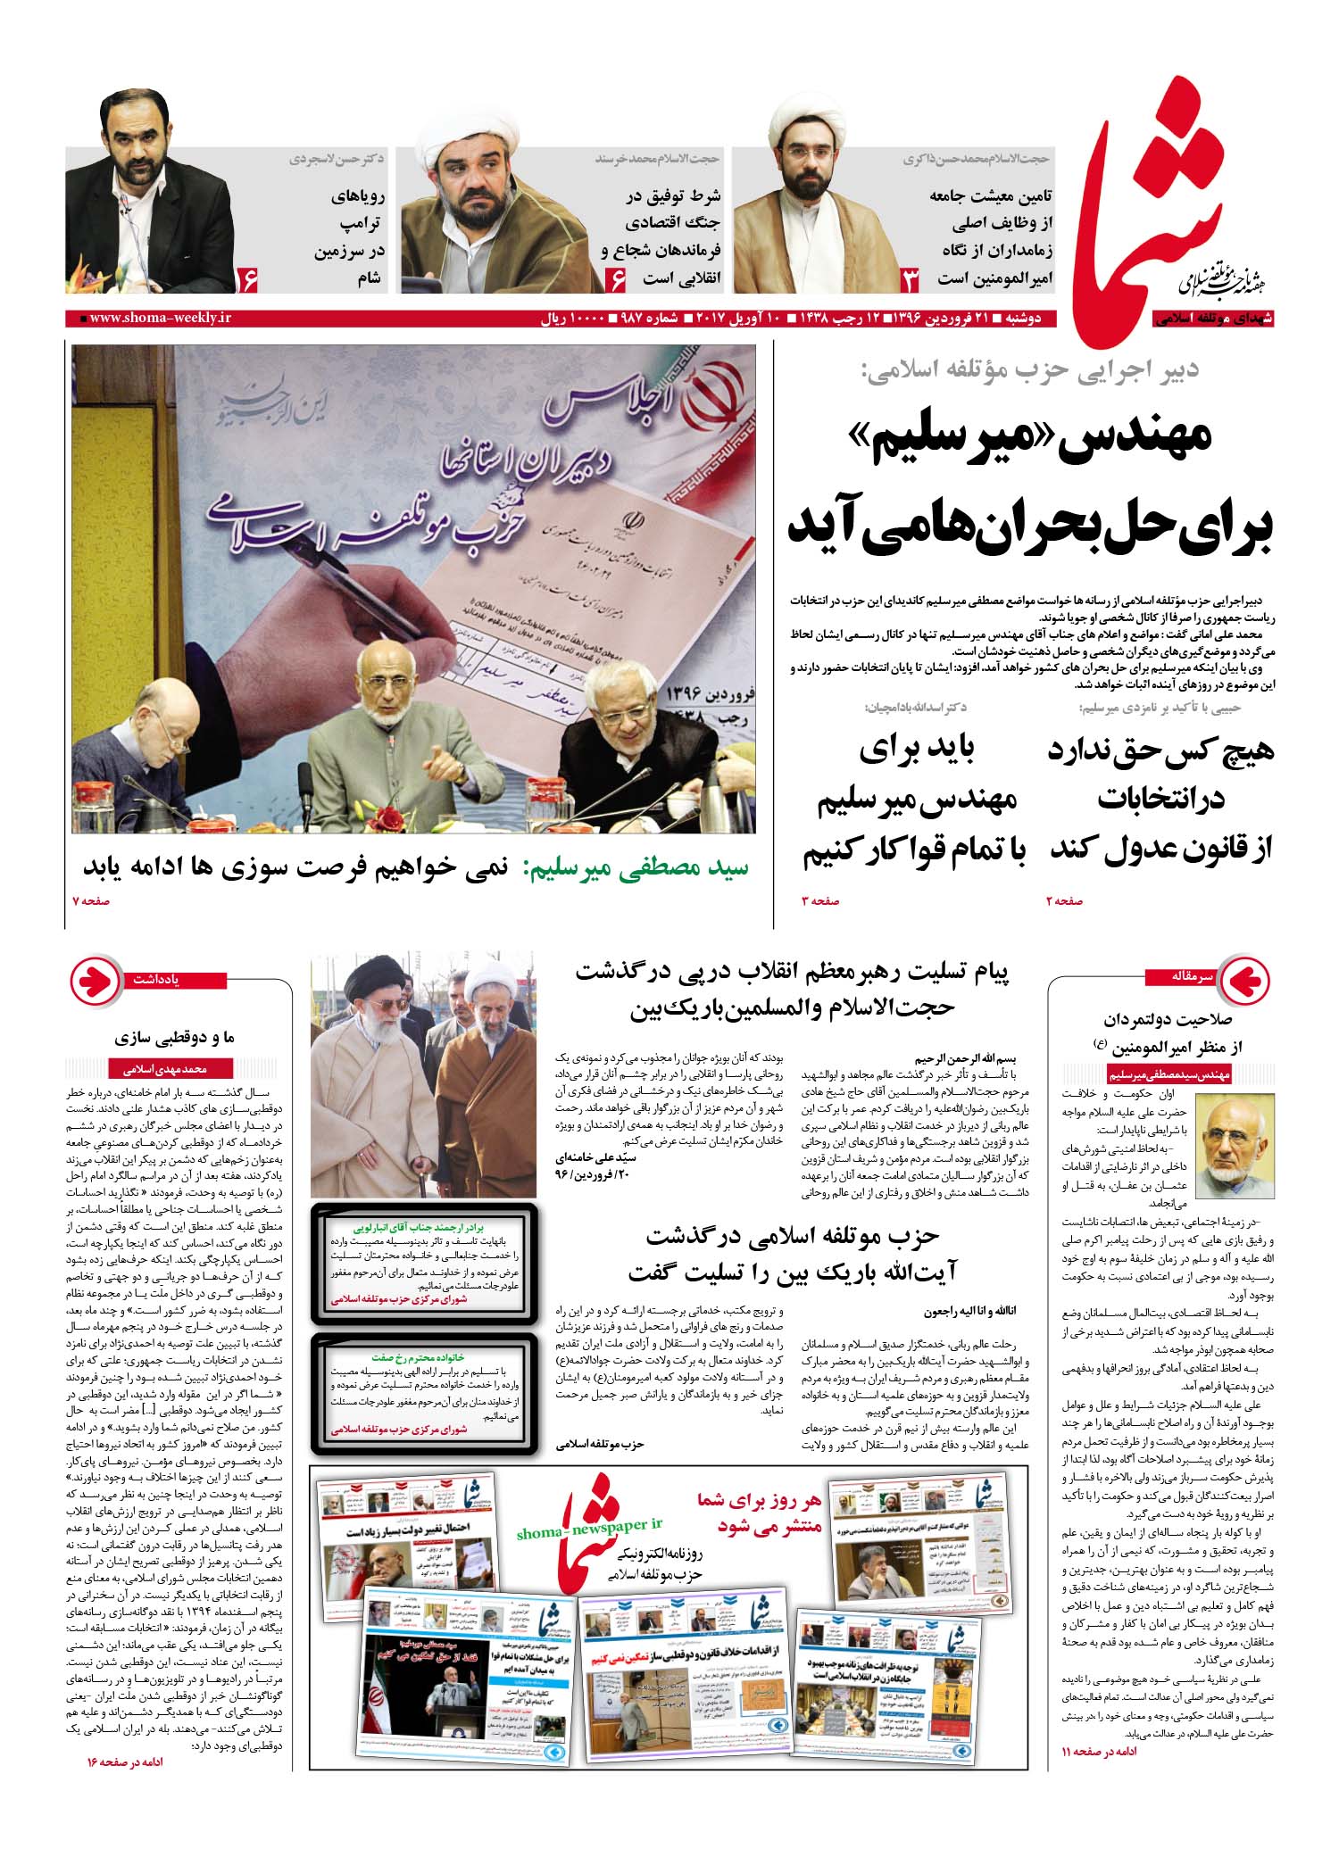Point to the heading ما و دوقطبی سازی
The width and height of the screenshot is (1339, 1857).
174,1037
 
